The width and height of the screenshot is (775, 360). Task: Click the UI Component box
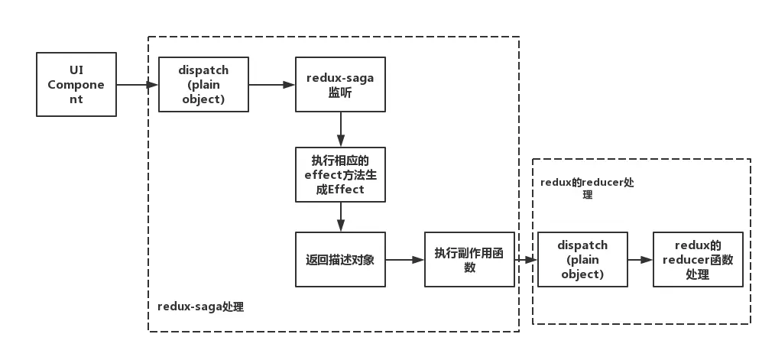pyautogui.click(x=76, y=85)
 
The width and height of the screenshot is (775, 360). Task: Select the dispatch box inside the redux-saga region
pyautogui.click(x=203, y=85)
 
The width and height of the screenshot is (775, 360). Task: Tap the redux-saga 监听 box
pyautogui.click(x=340, y=85)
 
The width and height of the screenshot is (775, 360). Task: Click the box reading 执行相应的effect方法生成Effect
pyautogui.click(x=340, y=174)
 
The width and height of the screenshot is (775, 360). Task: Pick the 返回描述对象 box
pyautogui.click(x=340, y=260)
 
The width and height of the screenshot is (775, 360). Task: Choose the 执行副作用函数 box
pyautogui.click(x=469, y=260)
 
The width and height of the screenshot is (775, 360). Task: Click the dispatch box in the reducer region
pyautogui.click(x=582, y=260)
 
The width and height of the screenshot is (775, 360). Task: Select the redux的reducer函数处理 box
pyautogui.click(x=698, y=260)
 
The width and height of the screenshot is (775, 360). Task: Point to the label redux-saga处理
pyautogui.click(x=201, y=306)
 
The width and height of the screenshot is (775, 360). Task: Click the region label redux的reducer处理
pyautogui.click(x=587, y=188)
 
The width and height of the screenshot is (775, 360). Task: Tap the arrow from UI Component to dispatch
pyautogui.click(x=138, y=85)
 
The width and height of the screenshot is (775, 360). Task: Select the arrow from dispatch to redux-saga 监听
pyautogui.click(x=272, y=85)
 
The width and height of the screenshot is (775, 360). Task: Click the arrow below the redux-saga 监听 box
pyautogui.click(x=340, y=130)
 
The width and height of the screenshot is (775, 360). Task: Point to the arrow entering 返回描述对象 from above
pyautogui.click(x=340, y=217)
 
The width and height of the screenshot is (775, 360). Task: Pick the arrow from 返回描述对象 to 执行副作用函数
pyautogui.click(x=405, y=260)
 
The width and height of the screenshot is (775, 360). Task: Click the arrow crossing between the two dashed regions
pyautogui.click(x=526, y=260)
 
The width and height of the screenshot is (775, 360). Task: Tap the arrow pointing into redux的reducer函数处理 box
pyautogui.click(x=640, y=260)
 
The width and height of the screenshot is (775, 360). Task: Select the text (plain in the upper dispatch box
pyautogui.click(x=203, y=85)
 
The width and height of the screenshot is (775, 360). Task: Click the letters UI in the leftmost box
pyautogui.click(x=76, y=70)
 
